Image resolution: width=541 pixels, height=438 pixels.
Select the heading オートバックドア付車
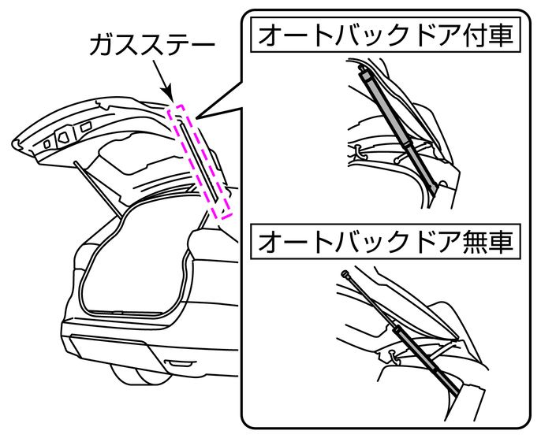pos(387,36)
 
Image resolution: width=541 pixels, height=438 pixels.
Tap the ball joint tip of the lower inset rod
pos(346,275)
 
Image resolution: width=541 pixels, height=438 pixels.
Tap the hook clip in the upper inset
pos(357,149)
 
